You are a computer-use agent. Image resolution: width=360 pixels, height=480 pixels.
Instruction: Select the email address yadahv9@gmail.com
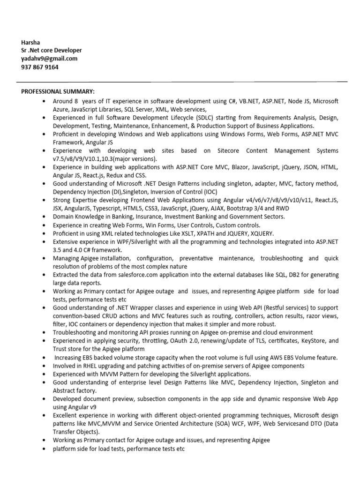[x=49, y=59]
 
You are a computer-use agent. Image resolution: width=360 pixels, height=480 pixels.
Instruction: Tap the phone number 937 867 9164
[x=40, y=67]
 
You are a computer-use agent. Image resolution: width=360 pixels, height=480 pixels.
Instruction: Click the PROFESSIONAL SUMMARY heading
[x=58, y=91]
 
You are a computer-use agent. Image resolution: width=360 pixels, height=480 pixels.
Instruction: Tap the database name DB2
[x=279, y=274]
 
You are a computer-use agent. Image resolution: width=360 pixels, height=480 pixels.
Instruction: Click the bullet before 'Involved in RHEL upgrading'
[x=44, y=366]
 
